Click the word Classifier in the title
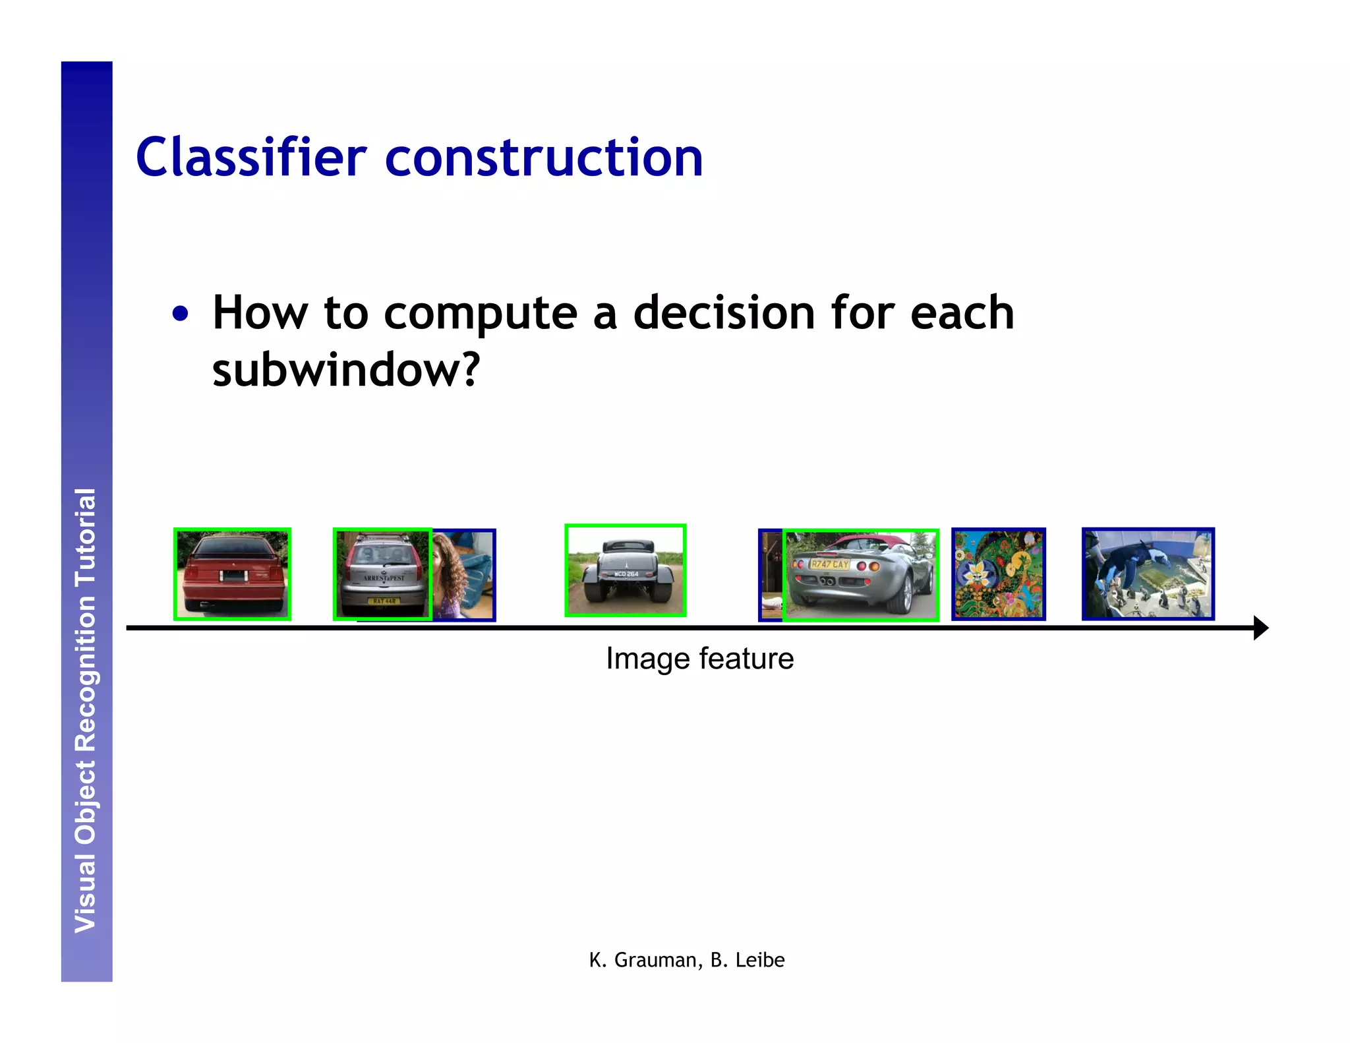pyautogui.click(x=250, y=158)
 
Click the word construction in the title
pyautogui.click(x=544, y=158)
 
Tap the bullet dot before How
pyautogui.click(x=180, y=314)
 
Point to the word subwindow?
pyautogui.click(x=346, y=370)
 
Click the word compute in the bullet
pyautogui.click(x=480, y=314)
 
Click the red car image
pyautogui.click(x=232, y=574)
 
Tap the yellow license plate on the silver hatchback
pyautogui.click(x=384, y=601)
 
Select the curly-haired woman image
pyautogui.click(x=461, y=574)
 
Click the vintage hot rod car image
pyautogui.click(x=625, y=571)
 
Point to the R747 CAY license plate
pyautogui.click(x=829, y=564)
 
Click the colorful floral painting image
pyautogui.click(x=998, y=574)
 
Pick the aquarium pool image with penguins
pyautogui.click(x=1148, y=574)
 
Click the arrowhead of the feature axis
pyautogui.click(x=1260, y=628)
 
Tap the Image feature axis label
pyautogui.click(x=699, y=659)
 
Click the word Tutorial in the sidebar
pyautogui.click(x=86, y=537)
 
